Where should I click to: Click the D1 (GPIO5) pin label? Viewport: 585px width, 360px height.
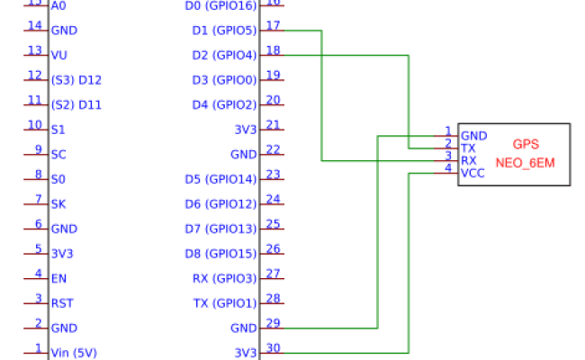point(224,31)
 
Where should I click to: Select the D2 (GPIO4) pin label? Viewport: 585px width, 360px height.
point(224,55)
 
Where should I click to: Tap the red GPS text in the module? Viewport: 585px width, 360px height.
point(526,144)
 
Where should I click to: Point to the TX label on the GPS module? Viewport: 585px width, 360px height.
point(468,148)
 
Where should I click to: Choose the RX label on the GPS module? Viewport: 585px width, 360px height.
point(469,160)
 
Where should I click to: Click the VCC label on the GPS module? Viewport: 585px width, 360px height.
point(472,173)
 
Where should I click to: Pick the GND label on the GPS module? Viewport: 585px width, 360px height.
point(473,136)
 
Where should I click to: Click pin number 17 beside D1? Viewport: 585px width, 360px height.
point(273,25)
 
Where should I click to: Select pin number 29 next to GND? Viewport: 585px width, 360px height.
point(273,322)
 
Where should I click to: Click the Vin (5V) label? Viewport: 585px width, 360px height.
point(76,352)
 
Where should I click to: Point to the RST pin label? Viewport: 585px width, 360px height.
point(61,303)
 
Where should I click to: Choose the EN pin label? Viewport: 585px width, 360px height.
point(58,278)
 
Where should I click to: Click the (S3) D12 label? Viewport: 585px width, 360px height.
point(76,80)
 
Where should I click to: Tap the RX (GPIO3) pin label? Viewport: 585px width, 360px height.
point(225,278)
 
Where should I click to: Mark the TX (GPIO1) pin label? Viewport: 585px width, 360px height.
point(225,303)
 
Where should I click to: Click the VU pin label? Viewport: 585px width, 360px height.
point(59,55)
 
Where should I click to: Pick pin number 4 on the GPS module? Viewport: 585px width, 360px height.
point(447,168)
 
